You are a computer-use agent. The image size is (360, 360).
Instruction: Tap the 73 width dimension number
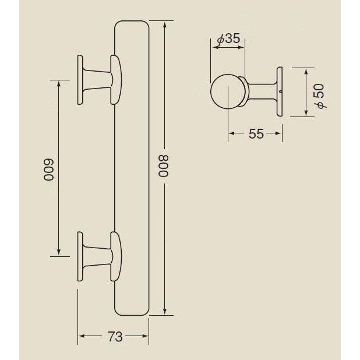coord(115,337)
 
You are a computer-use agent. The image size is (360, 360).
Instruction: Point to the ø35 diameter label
coord(228,39)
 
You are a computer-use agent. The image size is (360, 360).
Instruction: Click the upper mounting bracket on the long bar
coord(99,80)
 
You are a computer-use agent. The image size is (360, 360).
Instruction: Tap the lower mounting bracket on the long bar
coord(99,256)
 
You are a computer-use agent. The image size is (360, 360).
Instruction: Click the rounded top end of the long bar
coord(133,26)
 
